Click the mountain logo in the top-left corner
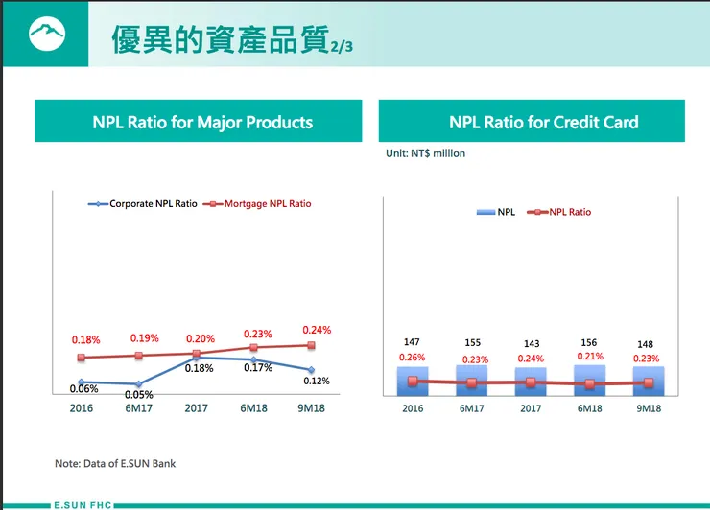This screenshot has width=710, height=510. pyautogui.click(x=43, y=35)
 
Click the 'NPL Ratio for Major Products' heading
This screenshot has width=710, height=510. pyautogui.click(x=202, y=122)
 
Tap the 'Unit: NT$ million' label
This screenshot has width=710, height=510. pyautogui.click(x=425, y=153)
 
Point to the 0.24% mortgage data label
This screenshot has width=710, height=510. pyautogui.click(x=316, y=331)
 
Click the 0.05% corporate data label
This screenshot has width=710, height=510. pyautogui.click(x=139, y=395)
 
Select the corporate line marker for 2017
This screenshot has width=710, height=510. pyautogui.click(x=197, y=358)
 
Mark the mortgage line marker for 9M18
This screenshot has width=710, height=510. pyautogui.click(x=312, y=345)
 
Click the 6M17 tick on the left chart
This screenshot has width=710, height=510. pyautogui.click(x=139, y=408)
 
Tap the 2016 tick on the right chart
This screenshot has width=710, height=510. pyautogui.click(x=413, y=408)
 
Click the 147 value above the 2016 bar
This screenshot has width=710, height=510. pyautogui.click(x=413, y=342)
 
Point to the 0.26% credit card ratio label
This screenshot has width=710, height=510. pyautogui.click(x=413, y=358)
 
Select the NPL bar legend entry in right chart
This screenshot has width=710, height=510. pyautogui.click(x=496, y=212)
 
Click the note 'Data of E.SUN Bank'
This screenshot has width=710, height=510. pyautogui.click(x=115, y=464)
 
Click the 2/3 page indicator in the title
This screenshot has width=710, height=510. pyautogui.click(x=341, y=46)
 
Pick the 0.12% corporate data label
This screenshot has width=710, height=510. pyautogui.click(x=316, y=382)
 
